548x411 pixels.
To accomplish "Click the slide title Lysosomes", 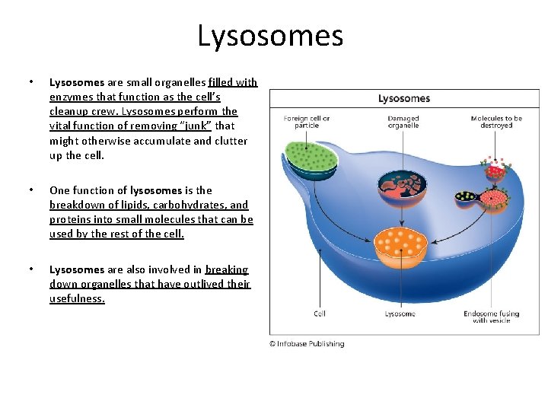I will [x=270, y=36].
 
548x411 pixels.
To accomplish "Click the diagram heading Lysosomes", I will [x=404, y=98].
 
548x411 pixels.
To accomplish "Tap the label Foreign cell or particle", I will [x=306, y=122].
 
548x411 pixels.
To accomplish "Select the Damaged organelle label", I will [x=403, y=122].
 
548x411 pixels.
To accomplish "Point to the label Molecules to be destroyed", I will [x=496, y=122].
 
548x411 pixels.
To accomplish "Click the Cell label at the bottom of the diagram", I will [x=320, y=314].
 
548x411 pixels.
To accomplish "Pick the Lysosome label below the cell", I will [x=400, y=314].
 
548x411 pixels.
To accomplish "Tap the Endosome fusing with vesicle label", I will [x=491, y=317].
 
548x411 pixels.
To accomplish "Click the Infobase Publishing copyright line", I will [x=307, y=344].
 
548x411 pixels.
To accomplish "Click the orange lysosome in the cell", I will [x=400, y=244].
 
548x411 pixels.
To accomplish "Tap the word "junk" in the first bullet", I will [x=193, y=126].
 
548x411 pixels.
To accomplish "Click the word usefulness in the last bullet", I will [x=77, y=298].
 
